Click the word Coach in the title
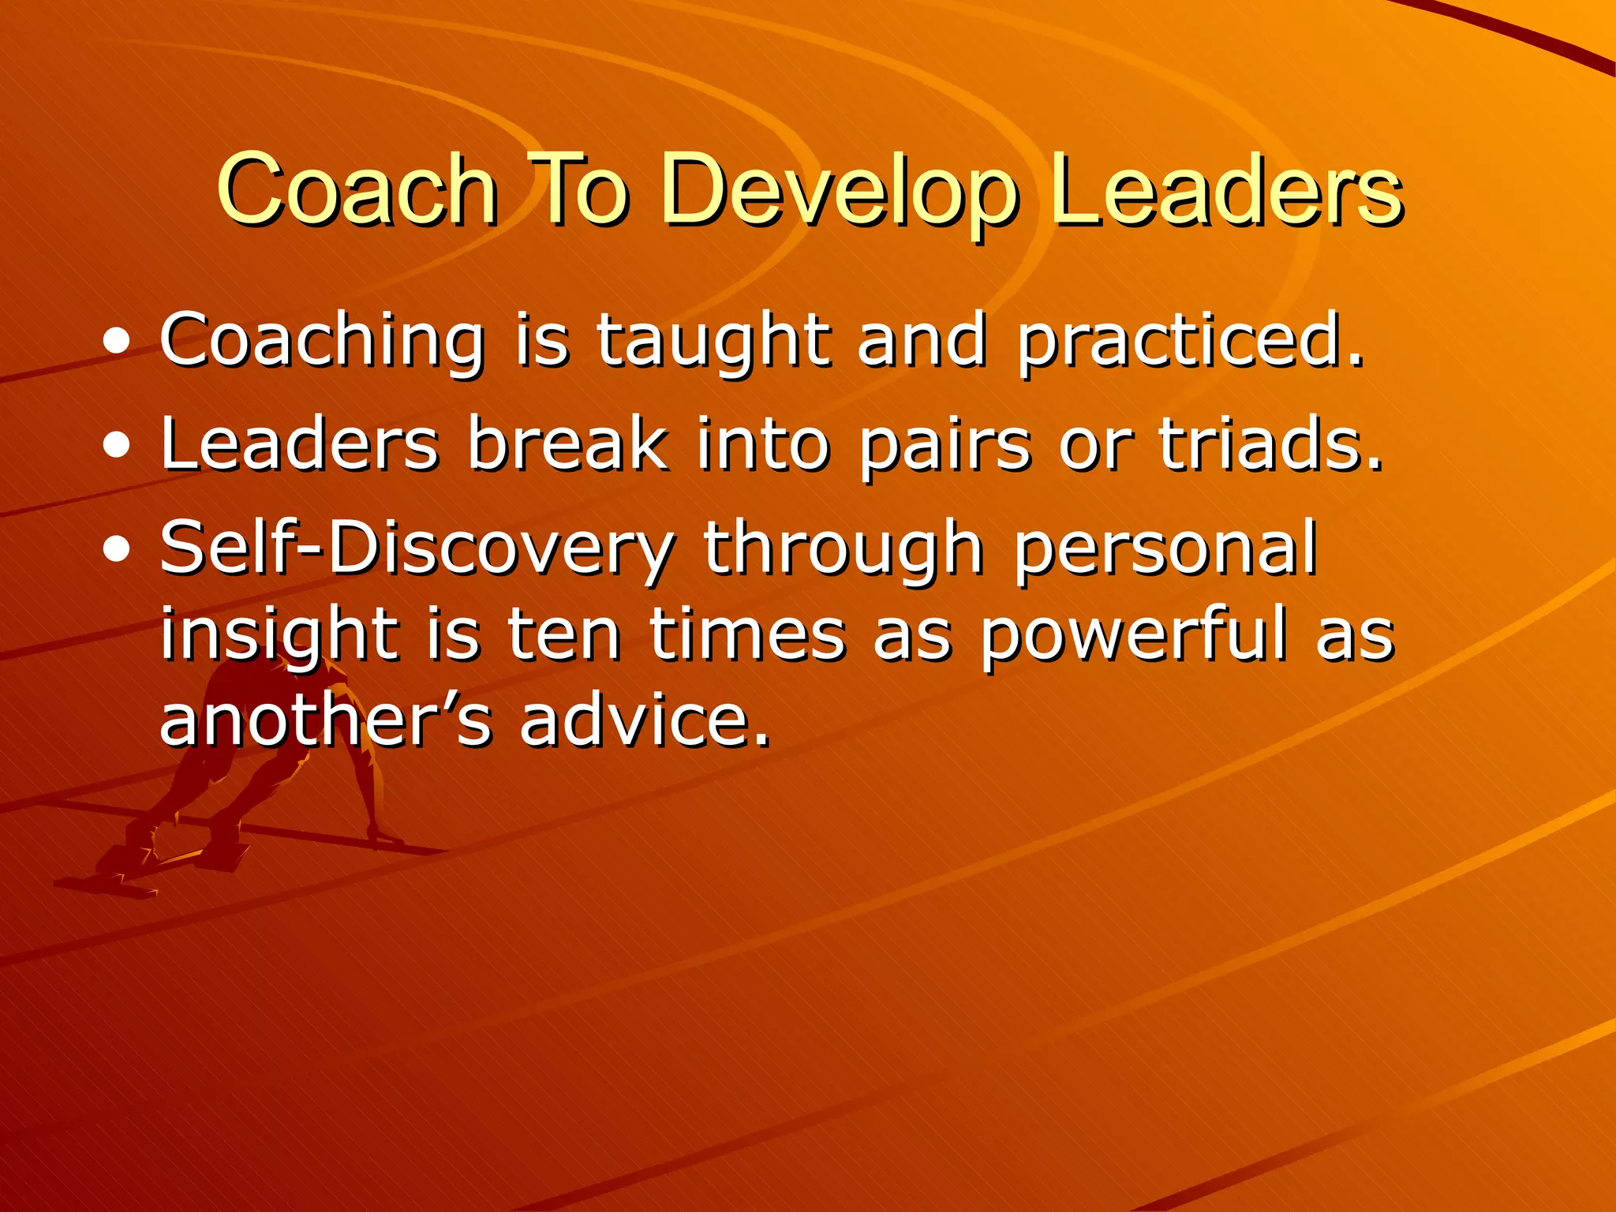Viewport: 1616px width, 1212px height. pos(357,189)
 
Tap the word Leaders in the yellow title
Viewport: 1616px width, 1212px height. pos(1227,189)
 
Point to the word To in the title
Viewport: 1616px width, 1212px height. pos(581,189)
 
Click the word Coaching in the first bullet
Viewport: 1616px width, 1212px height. pos(322,341)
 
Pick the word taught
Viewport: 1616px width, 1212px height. pos(713,341)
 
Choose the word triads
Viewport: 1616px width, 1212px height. pos(1270,443)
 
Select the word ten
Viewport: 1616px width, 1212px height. pos(563,635)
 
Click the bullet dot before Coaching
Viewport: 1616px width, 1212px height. pos(117,343)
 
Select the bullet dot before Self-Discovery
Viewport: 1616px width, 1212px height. pos(117,550)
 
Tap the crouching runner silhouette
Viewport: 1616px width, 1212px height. pos(237,781)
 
